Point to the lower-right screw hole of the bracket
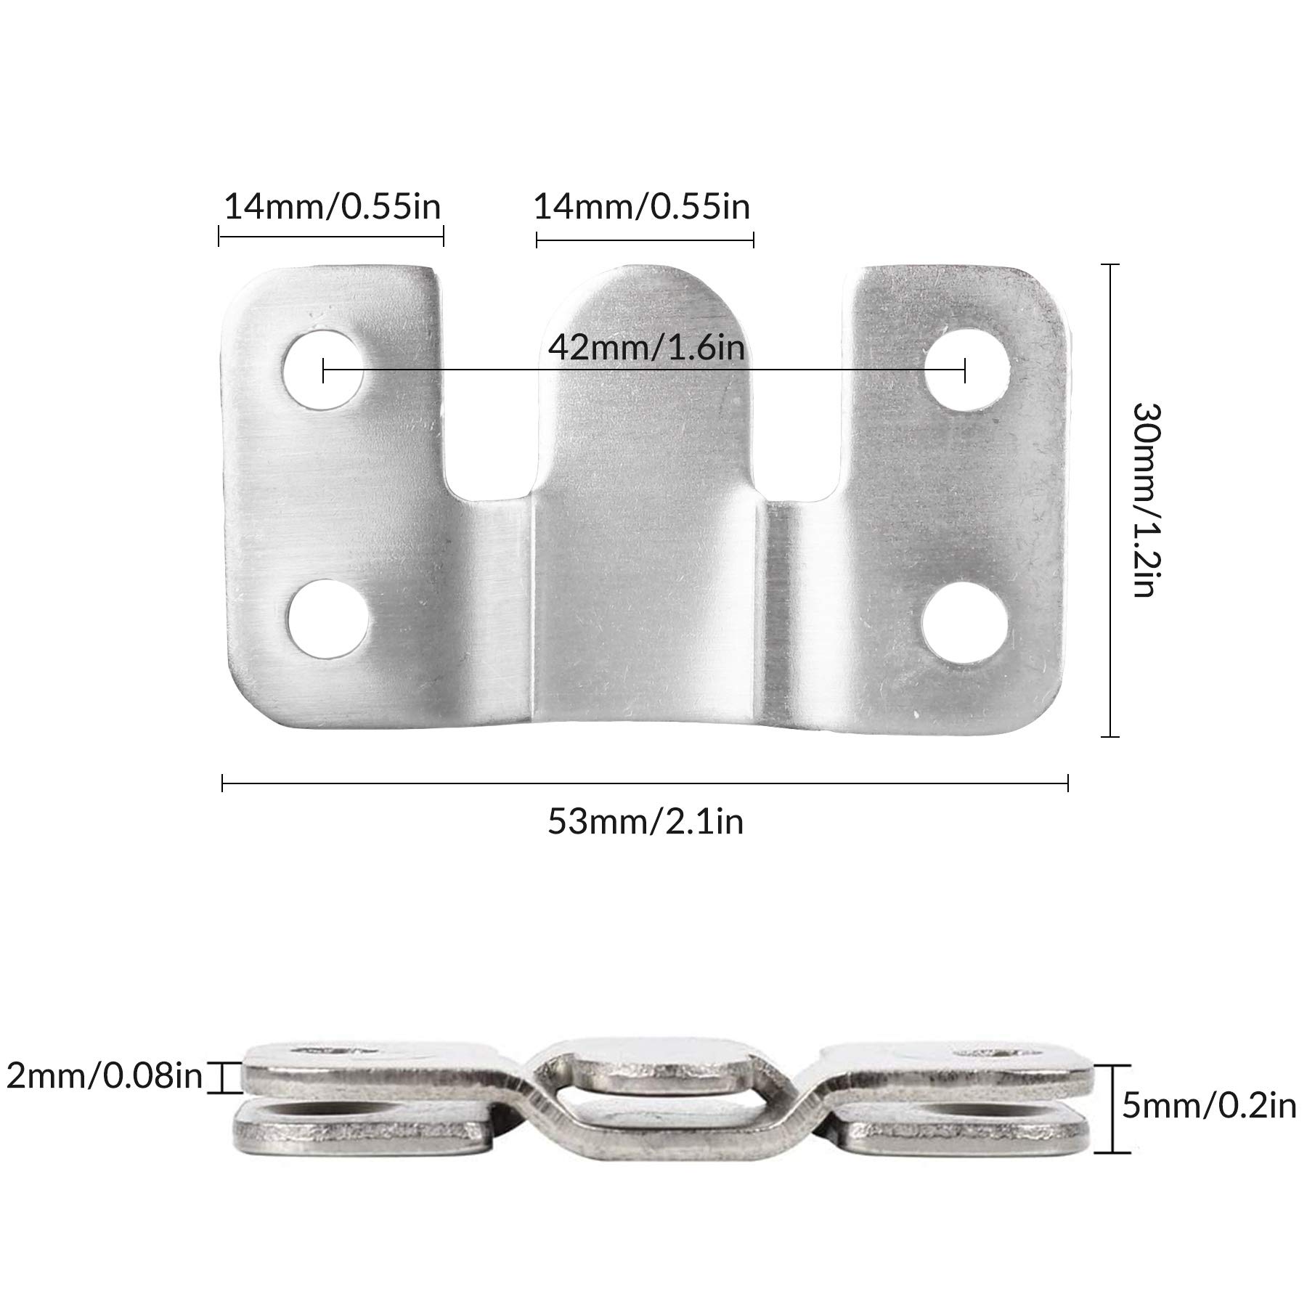pyautogui.click(x=965, y=623)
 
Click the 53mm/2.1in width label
pyautogui.click(x=646, y=823)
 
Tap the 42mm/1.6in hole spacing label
pyautogui.click(x=646, y=347)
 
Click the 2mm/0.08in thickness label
pyautogui.click(x=104, y=1075)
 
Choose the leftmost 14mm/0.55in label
pyautogui.click(x=332, y=207)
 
